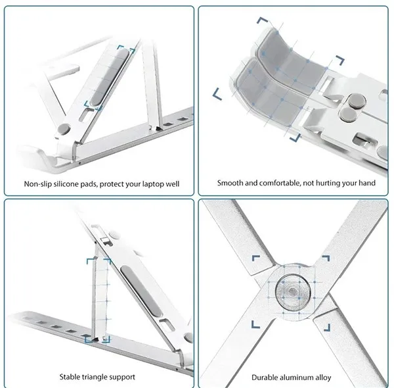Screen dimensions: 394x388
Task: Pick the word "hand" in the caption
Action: tap(368, 183)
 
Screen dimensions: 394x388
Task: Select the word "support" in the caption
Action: tap(122, 377)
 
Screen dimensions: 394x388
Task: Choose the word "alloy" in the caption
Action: tap(323, 378)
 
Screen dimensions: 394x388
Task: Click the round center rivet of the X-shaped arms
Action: tap(292, 292)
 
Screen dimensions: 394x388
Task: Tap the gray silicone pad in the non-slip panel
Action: tap(110, 77)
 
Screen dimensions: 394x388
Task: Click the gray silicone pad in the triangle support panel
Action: tap(141, 291)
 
